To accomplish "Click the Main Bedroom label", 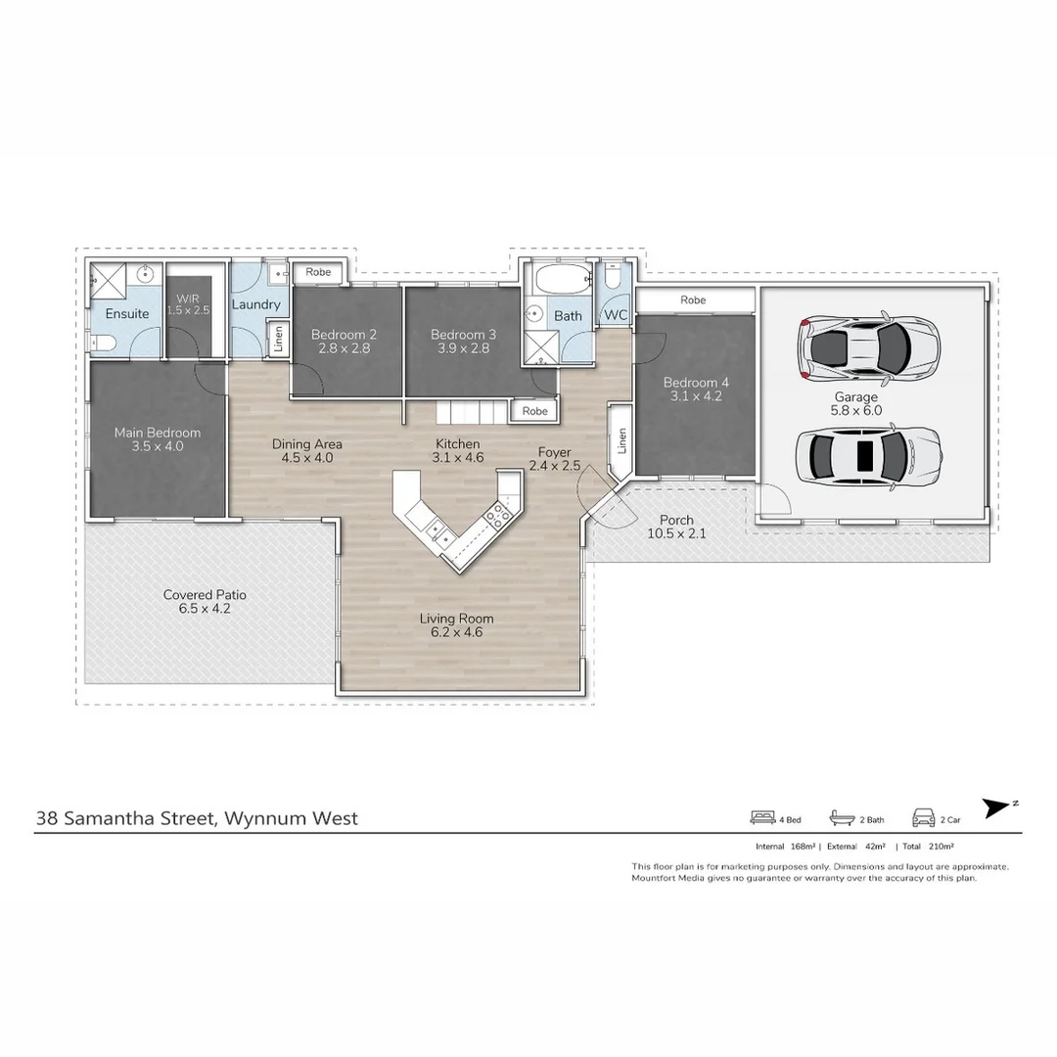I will click(x=157, y=433).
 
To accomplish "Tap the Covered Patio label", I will click(x=205, y=594).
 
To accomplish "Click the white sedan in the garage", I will click(x=867, y=455).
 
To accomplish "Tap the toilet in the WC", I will click(x=613, y=281).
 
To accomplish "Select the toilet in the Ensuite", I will click(x=105, y=343).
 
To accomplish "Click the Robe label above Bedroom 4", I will click(x=693, y=299).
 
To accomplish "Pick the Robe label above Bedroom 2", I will click(x=318, y=272).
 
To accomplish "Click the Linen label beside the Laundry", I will click(x=278, y=340).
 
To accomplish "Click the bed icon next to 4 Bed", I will click(x=762, y=817).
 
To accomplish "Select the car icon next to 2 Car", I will click(x=923, y=817).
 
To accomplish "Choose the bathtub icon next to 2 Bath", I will click(x=842, y=817).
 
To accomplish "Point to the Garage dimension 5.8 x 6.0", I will click(x=856, y=411).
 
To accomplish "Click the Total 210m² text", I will click(x=928, y=847).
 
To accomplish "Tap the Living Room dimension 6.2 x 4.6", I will click(x=456, y=632).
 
